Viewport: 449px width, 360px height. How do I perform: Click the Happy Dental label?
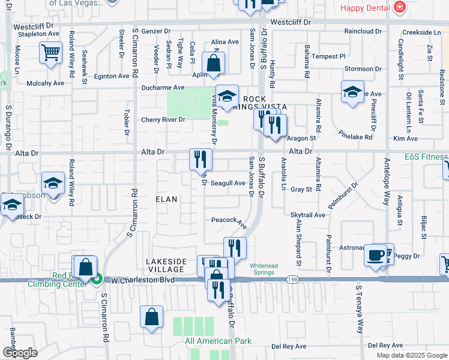(366, 7)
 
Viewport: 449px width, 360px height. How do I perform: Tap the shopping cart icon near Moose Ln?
(51, 52)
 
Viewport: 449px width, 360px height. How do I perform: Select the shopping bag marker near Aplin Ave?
(214, 62)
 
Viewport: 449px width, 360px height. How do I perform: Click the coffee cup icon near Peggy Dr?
(376, 254)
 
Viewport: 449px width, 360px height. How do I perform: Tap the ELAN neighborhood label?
(167, 199)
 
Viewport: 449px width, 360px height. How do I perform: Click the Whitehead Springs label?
(262, 269)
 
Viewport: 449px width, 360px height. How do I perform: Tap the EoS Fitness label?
(426, 157)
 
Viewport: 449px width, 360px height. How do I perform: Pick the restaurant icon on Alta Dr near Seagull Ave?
(200, 159)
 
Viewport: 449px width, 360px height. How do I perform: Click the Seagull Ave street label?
(228, 184)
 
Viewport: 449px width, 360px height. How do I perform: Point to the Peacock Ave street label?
(229, 221)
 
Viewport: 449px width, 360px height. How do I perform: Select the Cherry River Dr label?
(163, 119)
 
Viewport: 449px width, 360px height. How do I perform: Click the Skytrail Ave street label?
(307, 215)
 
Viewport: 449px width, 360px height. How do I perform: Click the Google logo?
(20, 353)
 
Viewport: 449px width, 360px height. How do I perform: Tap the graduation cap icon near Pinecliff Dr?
(352, 92)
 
